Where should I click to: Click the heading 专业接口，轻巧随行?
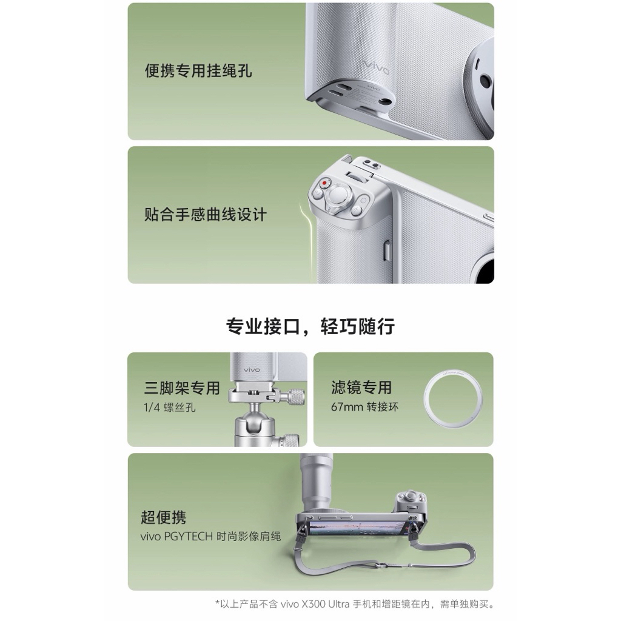coord(310,327)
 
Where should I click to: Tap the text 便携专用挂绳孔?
coord(198,71)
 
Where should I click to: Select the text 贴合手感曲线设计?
coord(206,214)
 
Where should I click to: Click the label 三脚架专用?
coord(182,388)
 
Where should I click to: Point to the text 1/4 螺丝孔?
coord(170,407)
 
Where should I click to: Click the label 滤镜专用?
coord(361,388)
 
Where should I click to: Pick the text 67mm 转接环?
coord(364,407)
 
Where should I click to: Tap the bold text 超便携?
coord(163,517)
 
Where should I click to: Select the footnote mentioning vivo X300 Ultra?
coord(355,604)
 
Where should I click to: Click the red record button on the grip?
coord(325,183)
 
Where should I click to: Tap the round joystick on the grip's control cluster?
coord(338,195)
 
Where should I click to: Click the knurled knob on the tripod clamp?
coord(296,397)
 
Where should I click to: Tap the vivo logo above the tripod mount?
coord(252,369)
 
